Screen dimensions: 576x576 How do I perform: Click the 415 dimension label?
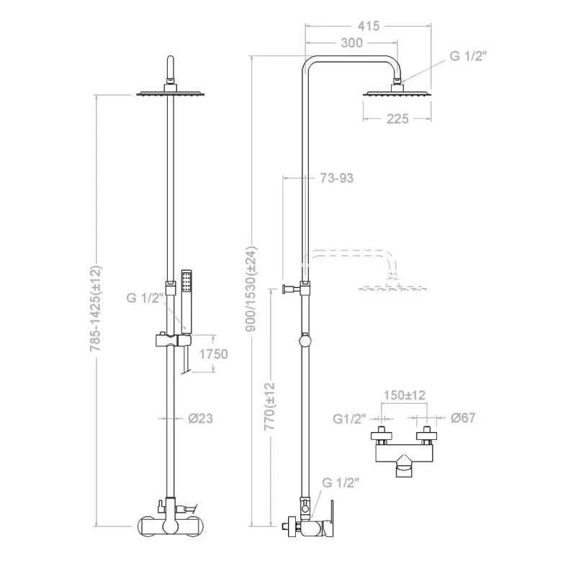coord(368,26)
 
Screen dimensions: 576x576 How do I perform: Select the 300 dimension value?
coord(351,42)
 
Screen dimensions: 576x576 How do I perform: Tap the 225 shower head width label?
coord(397,119)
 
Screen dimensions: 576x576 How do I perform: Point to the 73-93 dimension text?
coord(336,178)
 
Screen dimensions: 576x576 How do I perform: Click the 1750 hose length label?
coord(213,354)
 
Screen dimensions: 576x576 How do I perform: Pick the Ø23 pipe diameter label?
coord(201,418)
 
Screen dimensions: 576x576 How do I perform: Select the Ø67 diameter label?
coord(463,418)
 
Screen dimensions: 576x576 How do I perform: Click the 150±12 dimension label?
coord(405,395)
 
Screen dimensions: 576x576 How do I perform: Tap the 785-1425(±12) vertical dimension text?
coord(96,309)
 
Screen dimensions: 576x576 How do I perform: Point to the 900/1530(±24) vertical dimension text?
coord(251,289)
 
